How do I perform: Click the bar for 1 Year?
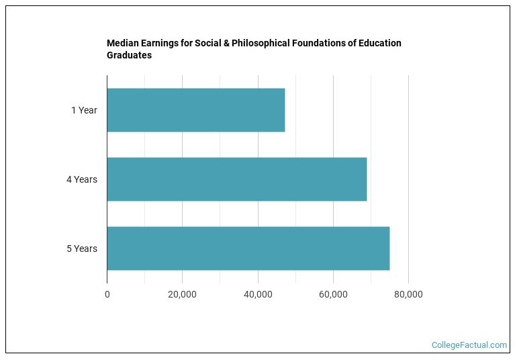(196, 110)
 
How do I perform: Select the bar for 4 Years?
(237, 179)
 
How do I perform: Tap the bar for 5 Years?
(248, 249)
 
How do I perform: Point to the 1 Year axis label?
(84, 110)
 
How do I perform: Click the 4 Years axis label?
(82, 179)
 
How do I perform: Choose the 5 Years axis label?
(82, 249)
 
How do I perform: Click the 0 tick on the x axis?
(107, 294)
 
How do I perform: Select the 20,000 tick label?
(182, 294)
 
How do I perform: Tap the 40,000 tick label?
(258, 294)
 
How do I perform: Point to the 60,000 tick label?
(333, 294)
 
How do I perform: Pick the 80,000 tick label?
(408, 294)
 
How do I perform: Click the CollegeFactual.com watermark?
(469, 345)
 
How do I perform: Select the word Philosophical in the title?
(261, 44)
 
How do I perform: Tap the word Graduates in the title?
(129, 55)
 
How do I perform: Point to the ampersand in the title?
(226, 43)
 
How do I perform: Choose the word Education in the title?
(380, 43)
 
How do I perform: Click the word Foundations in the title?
(318, 43)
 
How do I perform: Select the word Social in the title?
(208, 43)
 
